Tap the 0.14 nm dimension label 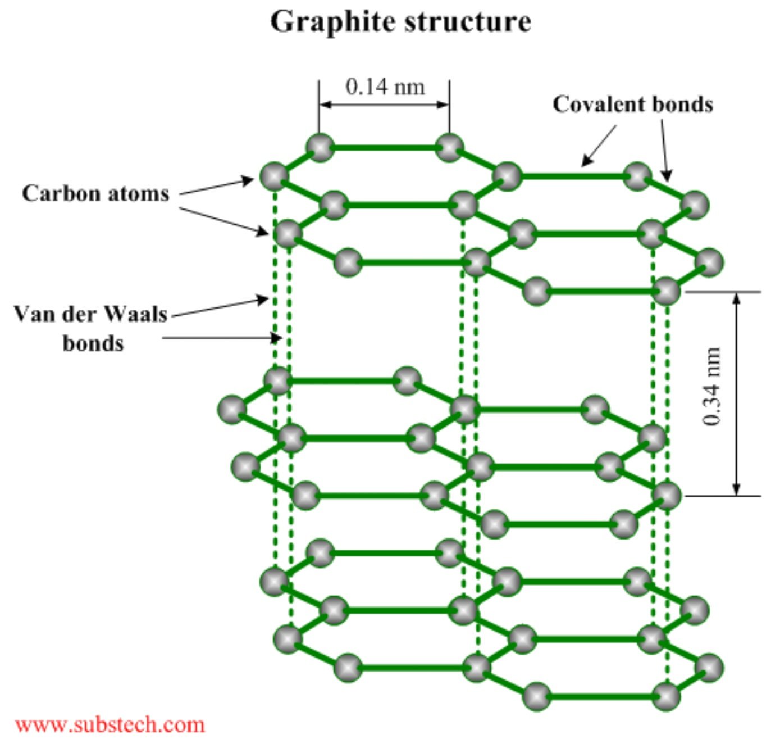(x=385, y=87)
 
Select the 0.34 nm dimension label (x=711, y=387)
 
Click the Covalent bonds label (x=633, y=105)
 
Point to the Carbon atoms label (x=95, y=193)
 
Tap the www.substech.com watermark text (x=110, y=724)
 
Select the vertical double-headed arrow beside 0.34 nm (x=737, y=393)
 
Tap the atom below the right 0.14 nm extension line (x=449, y=148)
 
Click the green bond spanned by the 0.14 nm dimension (x=385, y=148)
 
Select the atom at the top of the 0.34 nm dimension (x=667, y=291)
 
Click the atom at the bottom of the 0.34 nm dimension (x=667, y=495)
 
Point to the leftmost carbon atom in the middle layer (x=231, y=409)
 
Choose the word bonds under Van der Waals (x=93, y=343)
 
